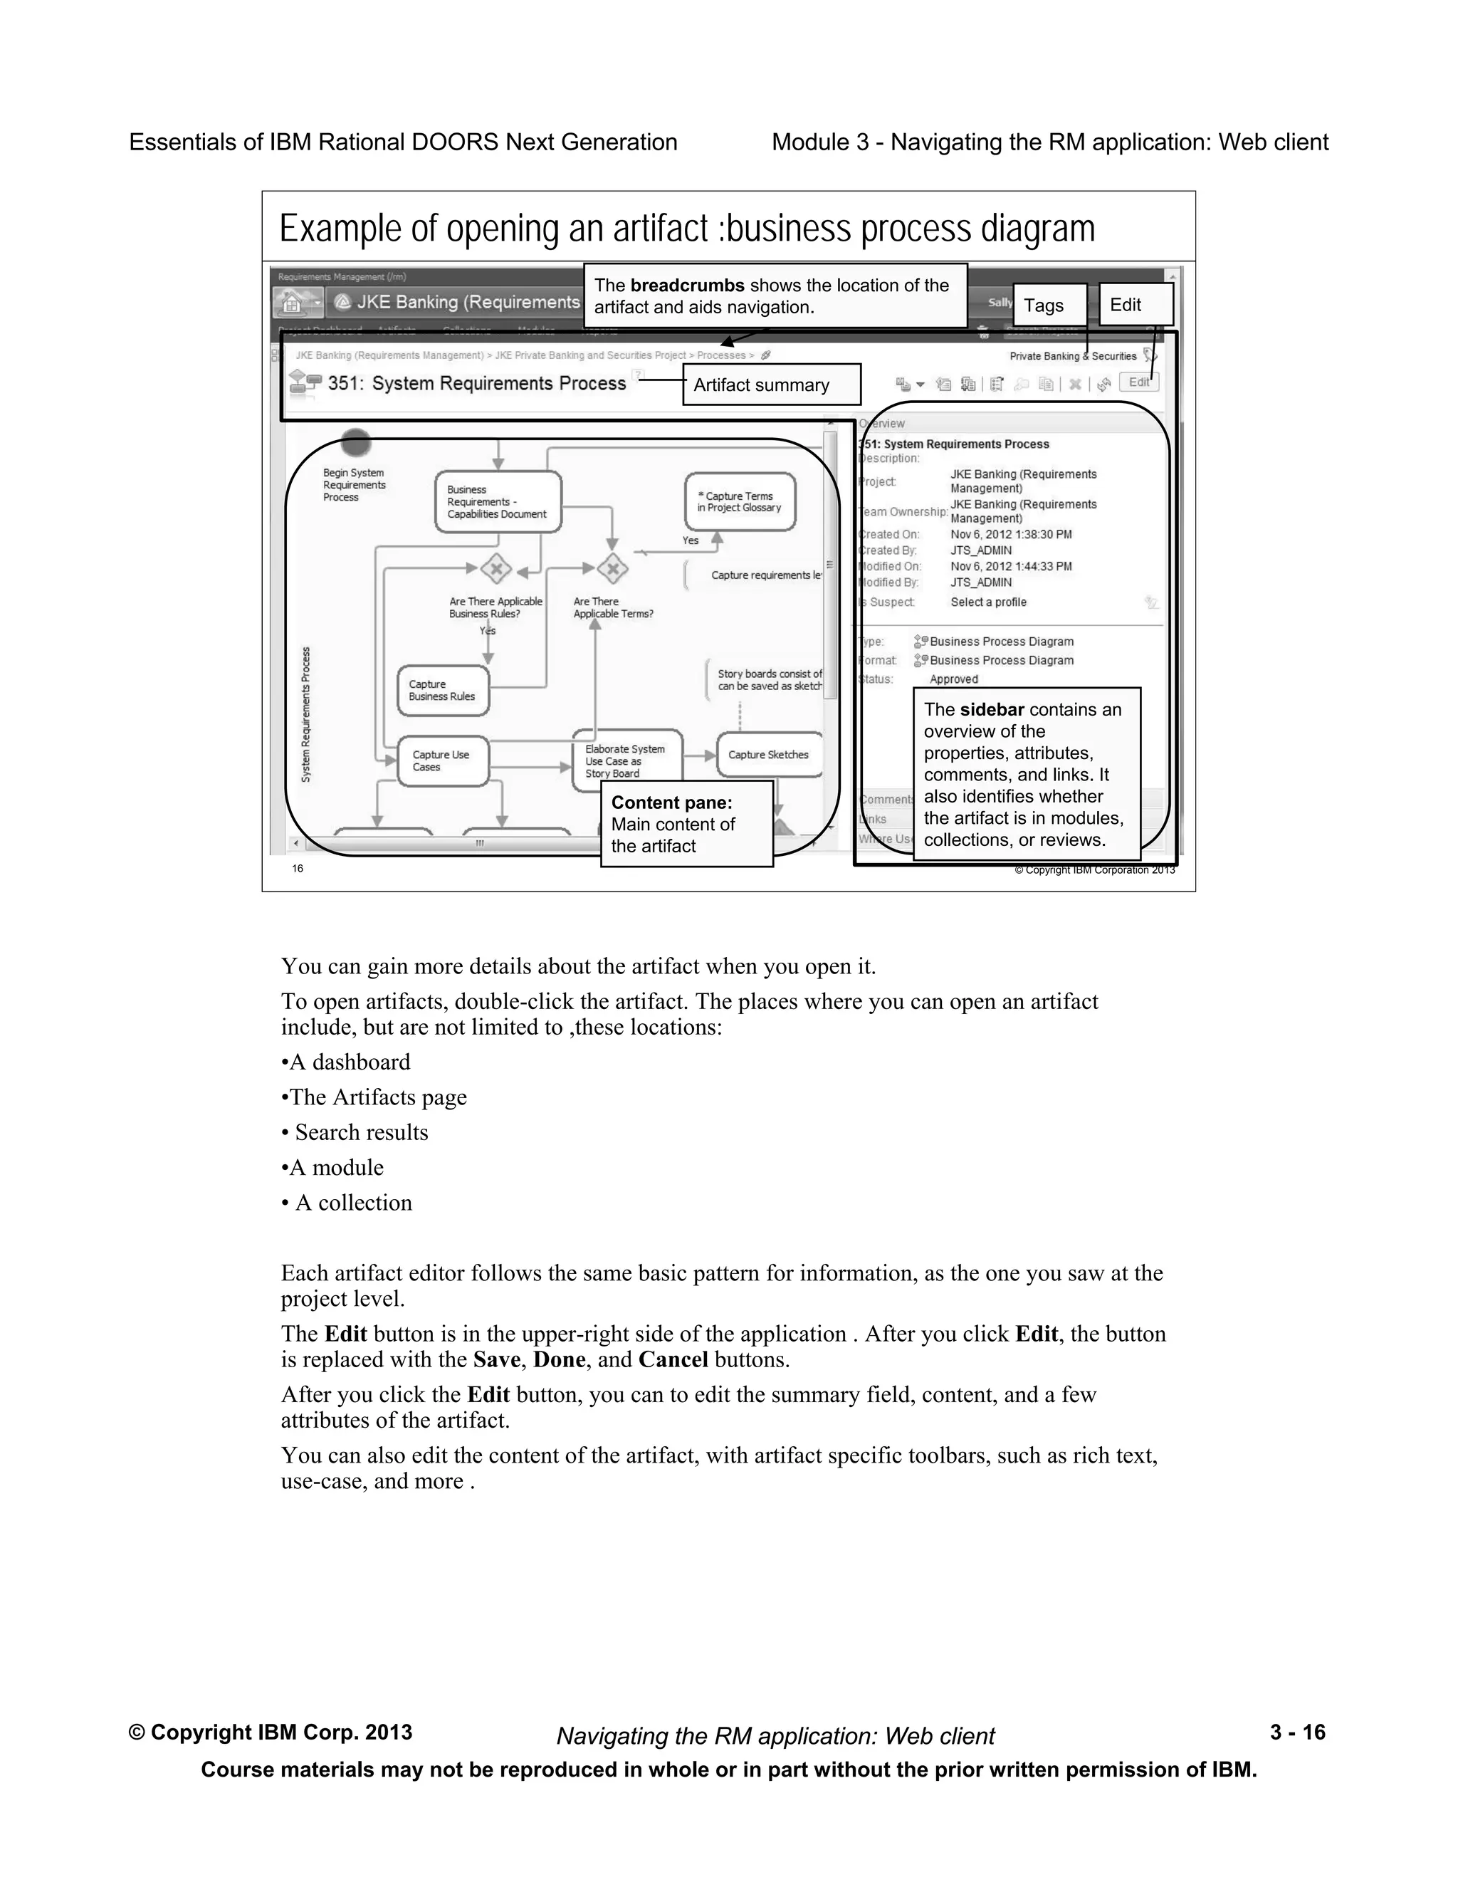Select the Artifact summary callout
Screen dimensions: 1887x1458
(770, 385)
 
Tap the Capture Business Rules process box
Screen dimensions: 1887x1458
(443, 690)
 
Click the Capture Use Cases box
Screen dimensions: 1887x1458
(443, 761)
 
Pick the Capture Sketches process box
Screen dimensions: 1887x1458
(769, 754)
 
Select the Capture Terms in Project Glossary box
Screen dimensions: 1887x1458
(740, 502)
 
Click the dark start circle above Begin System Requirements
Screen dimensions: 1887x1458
(356, 442)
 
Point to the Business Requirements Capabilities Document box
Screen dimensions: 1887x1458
(498, 502)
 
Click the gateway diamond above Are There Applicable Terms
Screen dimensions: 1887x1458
(613, 568)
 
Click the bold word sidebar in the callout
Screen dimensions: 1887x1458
(992, 710)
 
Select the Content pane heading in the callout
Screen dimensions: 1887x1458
(671, 803)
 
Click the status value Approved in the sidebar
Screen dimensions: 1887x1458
(953, 680)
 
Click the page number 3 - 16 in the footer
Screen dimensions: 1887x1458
(1297, 1732)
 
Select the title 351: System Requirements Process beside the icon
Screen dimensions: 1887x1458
(477, 384)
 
